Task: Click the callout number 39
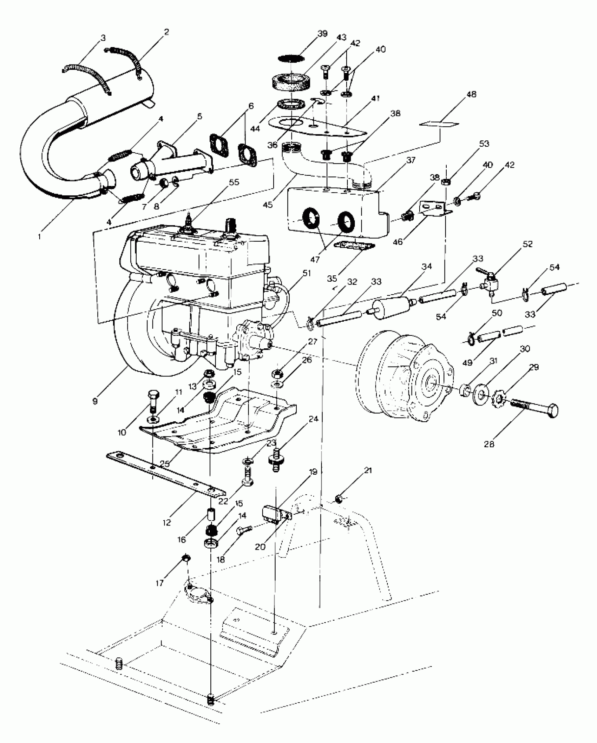[322, 34]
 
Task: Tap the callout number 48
[471, 95]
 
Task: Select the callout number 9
[95, 401]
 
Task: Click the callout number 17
[160, 583]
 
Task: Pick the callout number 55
[234, 182]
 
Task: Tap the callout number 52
[527, 244]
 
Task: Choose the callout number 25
[165, 463]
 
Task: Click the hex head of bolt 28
[551, 410]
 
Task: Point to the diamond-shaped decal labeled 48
[439, 124]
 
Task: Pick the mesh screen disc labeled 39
[291, 57]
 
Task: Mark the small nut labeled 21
[339, 498]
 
